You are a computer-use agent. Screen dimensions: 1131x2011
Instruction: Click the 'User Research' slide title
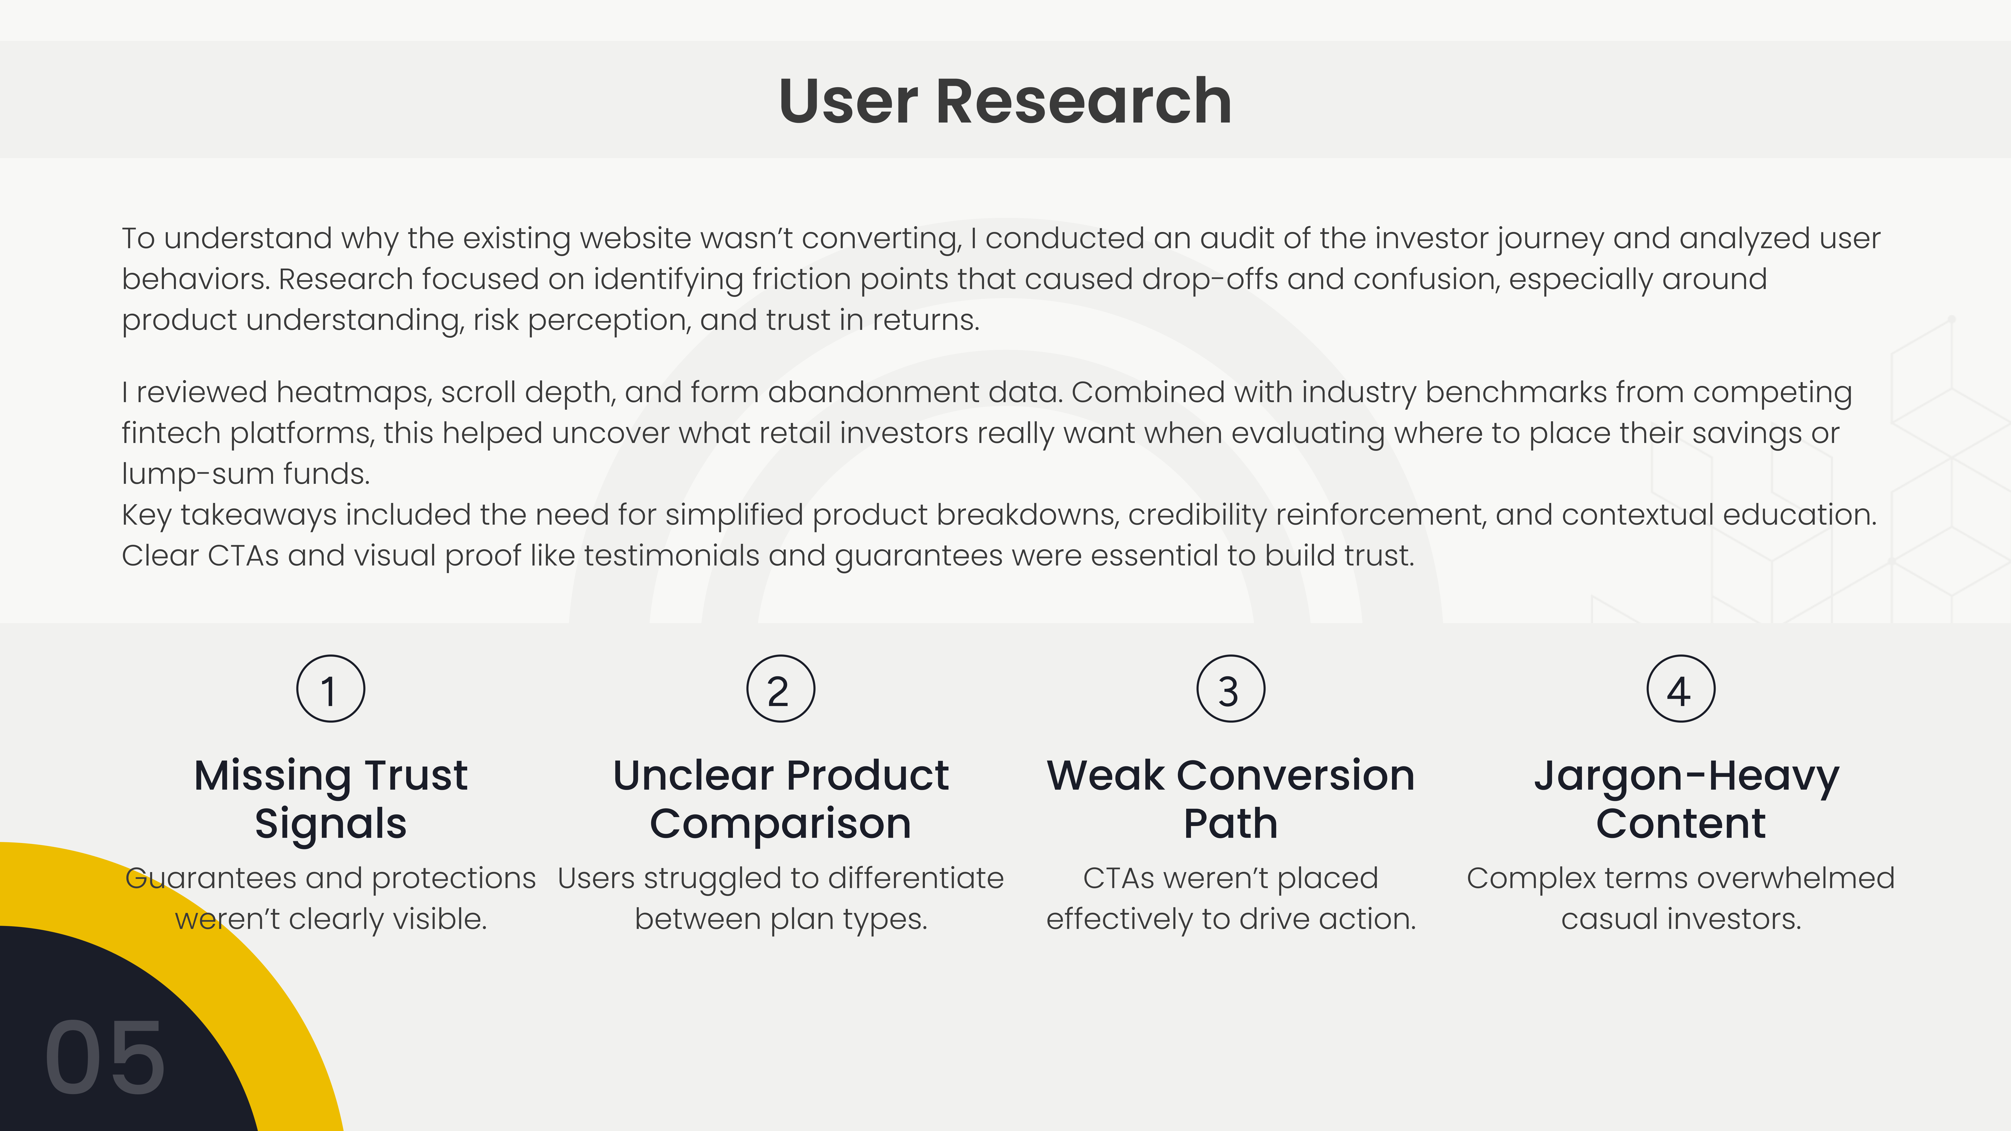click(x=1005, y=102)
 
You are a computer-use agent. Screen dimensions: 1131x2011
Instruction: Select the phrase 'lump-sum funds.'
click(x=245, y=474)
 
